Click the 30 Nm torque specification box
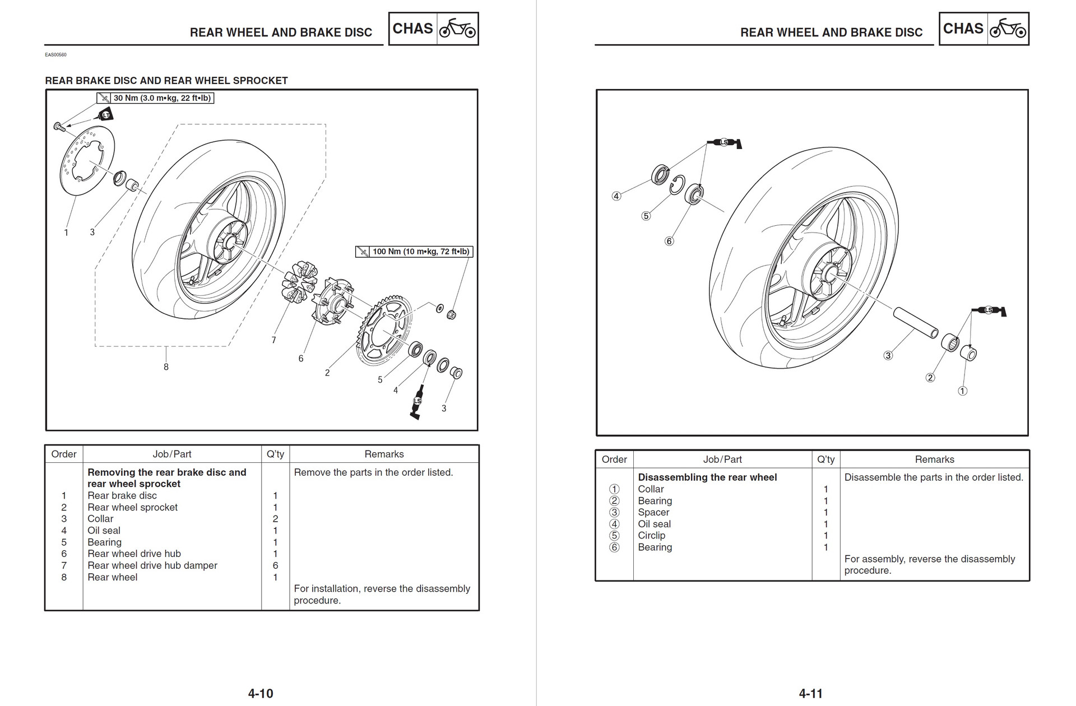pos(155,98)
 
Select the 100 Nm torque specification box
pos(414,252)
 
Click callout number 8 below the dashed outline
pos(166,367)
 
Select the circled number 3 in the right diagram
pos(888,355)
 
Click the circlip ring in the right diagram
pos(677,185)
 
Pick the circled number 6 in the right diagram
pos(669,241)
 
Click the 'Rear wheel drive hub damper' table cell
pos(152,565)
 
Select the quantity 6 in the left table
pos(275,565)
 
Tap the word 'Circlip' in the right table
pos(651,535)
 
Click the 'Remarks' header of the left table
pos(384,454)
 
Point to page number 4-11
pos(810,694)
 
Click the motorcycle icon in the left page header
pos(457,29)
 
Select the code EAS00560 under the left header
pos(55,55)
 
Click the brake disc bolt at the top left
pos(59,127)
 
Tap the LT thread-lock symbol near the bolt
pos(105,115)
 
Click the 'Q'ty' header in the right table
pos(825,459)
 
